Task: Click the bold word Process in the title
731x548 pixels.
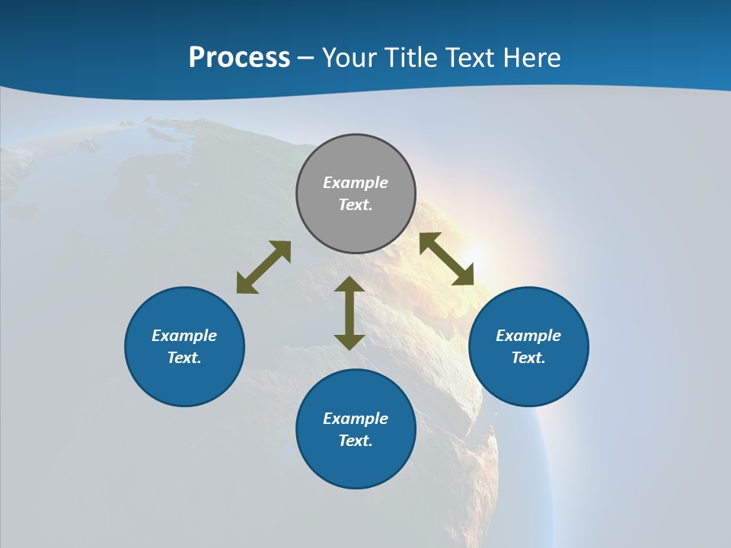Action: (239, 58)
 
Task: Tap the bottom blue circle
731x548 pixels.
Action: (356, 464)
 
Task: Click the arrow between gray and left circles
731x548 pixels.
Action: (263, 267)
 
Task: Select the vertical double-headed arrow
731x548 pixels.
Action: (350, 313)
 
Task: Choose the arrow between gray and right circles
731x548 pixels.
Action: (446, 259)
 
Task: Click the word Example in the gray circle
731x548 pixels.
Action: (356, 183)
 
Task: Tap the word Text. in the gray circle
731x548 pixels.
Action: (356, 205)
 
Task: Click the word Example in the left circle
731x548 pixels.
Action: (184, 336)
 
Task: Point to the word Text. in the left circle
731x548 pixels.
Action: (184, 358)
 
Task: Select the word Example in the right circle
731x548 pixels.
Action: (528, 336)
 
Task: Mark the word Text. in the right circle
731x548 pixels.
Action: (528, 358)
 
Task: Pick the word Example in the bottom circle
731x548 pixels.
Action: (356, 419)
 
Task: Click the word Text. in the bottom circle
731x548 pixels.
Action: (356, 441)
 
